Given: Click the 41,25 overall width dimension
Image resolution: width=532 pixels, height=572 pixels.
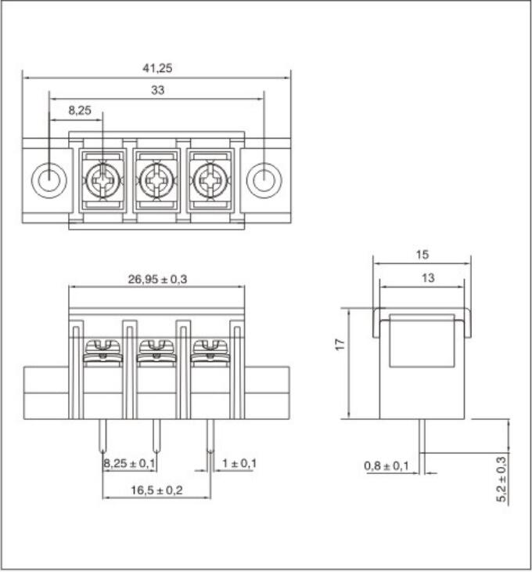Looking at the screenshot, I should [157, 68].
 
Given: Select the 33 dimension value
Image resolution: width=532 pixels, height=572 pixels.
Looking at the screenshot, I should [157, 90].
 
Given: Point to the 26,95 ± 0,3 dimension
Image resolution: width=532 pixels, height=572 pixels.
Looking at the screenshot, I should [157, 278].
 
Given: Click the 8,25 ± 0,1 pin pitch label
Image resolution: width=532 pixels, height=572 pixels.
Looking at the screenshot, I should [130, 464].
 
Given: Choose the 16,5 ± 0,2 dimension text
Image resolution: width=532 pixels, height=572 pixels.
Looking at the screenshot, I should [156, 490].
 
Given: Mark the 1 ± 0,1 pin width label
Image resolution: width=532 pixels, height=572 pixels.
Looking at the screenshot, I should [239, 464].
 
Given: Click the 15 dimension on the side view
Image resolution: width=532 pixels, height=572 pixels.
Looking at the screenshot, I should [422, 255].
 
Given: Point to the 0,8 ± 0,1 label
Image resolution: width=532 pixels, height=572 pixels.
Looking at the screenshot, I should [386, 467].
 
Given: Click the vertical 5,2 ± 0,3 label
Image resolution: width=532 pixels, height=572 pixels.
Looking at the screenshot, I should [501, 479].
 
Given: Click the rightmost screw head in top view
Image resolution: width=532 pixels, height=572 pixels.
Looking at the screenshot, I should [210, 183].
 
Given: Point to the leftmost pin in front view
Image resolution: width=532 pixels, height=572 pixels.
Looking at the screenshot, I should [103, 436].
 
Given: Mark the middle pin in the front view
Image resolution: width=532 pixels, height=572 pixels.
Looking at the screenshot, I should [156, 436].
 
